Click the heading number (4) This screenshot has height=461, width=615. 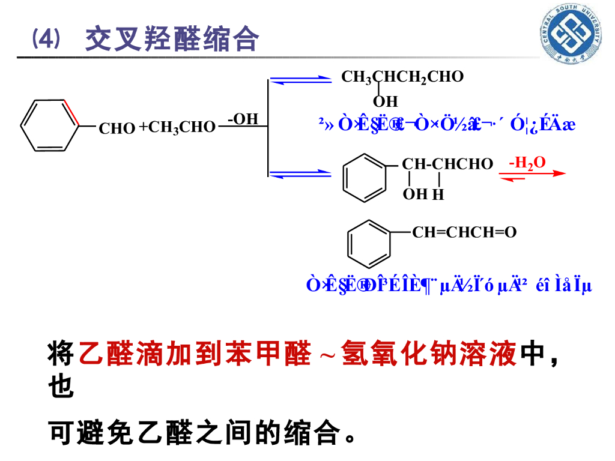(x=46, y=40)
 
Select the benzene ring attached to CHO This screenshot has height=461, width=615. (x=50, y=125)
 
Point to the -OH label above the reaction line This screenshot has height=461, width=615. (x=243, y=119)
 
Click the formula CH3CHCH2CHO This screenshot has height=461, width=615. (x=402, y=77)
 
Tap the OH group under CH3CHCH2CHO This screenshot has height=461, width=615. (x=385, y=101)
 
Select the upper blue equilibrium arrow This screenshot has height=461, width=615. (x=300, y=80)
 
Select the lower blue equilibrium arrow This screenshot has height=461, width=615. (x=300, y=173)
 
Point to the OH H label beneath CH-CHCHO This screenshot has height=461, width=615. (x=423, y=194)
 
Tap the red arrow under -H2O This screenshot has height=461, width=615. (x=532, y=175)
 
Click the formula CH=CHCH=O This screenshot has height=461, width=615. (x=464, y=232)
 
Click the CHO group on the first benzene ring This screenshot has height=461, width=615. (x=117, y=128)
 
